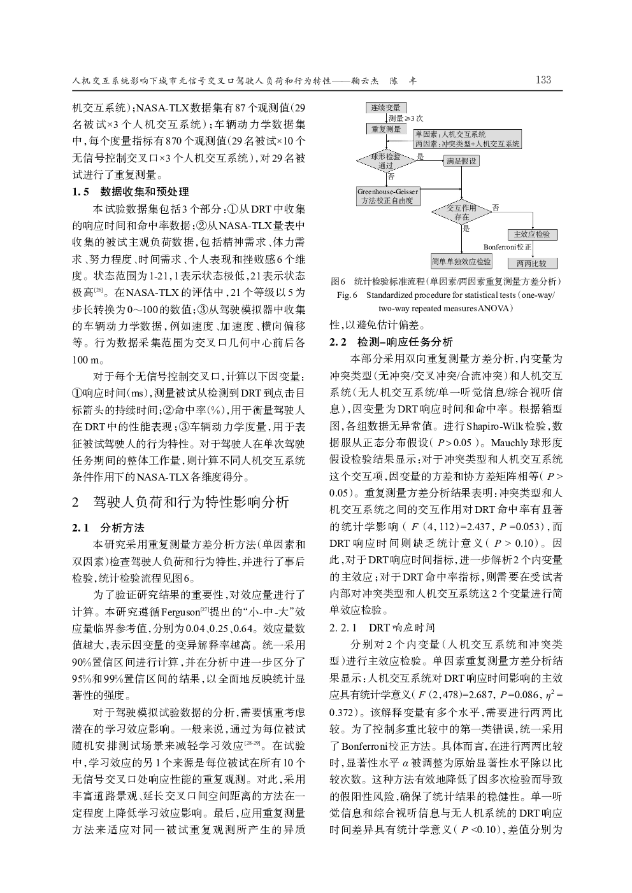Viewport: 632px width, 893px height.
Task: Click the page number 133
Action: [543, 80]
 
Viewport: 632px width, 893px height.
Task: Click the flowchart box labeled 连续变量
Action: [385, 108]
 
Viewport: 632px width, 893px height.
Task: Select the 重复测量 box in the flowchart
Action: [385, 129]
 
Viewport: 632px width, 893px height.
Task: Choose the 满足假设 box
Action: [461, 161]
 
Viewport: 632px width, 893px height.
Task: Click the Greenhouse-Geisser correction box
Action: [388, 196]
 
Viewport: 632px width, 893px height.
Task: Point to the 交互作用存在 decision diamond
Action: [462, 213]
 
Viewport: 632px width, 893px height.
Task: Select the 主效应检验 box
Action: [532, 234]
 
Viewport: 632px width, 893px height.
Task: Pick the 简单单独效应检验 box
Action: [461, 261]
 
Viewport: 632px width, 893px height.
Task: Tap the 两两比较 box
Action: [532, 263]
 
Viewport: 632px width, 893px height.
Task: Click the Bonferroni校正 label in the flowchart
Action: [507, 247]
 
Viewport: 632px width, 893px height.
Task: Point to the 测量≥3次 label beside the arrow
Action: [406, 118]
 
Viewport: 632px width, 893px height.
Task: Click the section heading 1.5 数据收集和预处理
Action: [131, 192]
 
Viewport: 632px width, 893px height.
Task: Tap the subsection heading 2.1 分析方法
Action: [108, 528]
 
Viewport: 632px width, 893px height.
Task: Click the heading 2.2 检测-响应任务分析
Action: [391, 342]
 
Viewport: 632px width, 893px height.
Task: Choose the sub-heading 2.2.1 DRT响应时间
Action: [382, 628]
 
